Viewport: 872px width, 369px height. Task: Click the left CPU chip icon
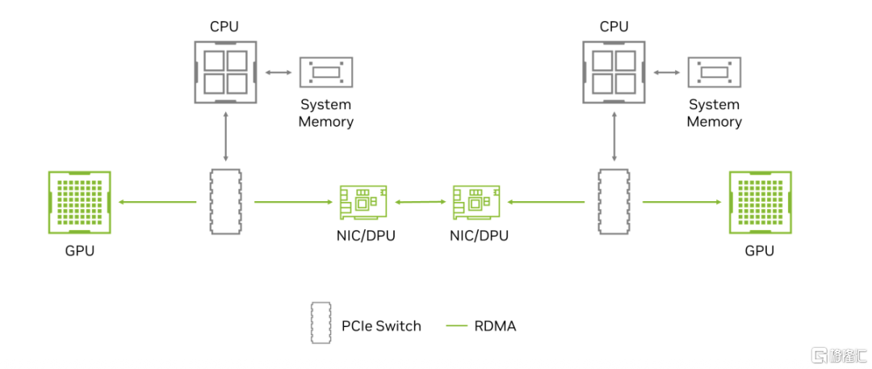225,72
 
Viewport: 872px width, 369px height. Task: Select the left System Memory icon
326,73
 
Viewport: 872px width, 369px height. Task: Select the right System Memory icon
714,73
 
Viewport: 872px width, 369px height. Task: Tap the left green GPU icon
80,202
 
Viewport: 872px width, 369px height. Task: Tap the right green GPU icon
760,202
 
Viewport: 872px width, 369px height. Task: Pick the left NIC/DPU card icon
361,202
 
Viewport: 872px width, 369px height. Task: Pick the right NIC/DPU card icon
474,202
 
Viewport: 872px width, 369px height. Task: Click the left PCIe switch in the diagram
225,202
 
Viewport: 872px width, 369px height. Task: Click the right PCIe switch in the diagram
613,202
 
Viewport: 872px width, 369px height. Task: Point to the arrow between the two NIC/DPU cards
417,203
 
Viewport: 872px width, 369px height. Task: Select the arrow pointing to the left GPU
157,203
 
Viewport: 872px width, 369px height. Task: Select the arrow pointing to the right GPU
681,203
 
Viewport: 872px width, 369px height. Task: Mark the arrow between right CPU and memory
665,73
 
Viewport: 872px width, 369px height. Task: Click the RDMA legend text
495,326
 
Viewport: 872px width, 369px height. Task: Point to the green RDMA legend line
457,326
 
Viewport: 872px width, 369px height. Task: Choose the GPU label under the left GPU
80,250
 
